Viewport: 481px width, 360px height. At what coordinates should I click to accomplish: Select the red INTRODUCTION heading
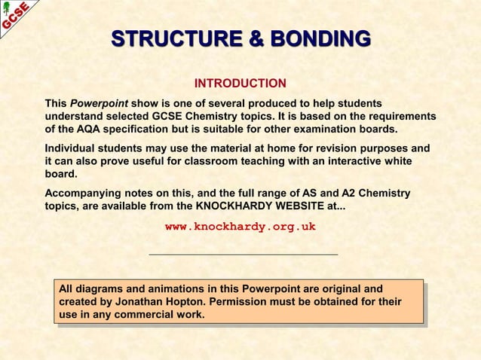(240, 83)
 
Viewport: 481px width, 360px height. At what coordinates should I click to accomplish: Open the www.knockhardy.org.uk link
(240, 226)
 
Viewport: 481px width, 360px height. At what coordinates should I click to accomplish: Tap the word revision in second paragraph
(334, 148)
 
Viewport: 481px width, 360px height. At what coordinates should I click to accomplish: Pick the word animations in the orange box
(161, 289)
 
